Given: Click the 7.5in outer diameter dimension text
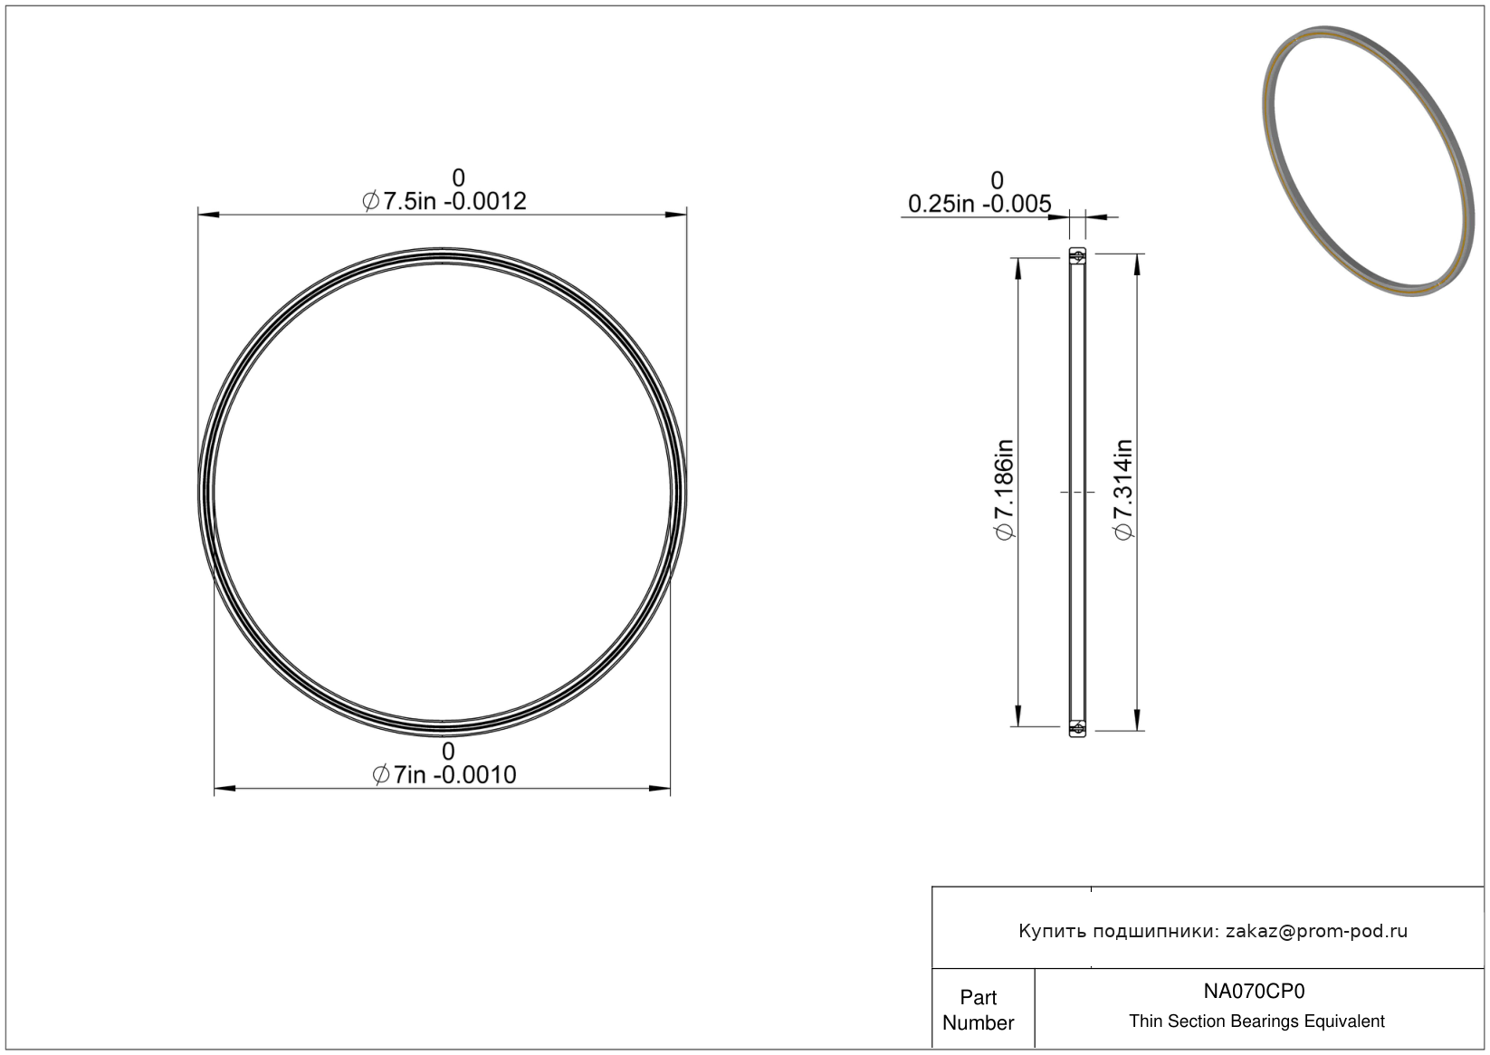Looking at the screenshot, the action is [444, 201].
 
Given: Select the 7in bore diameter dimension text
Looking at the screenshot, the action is [444, 775].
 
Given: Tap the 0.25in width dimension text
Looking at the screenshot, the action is [979, 204].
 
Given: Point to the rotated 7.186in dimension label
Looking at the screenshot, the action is [1004, 490].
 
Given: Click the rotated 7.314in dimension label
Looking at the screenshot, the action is [1122, 490].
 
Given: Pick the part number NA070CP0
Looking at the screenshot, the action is [1254, 991].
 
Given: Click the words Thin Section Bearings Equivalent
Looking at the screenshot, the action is [1256, 1021].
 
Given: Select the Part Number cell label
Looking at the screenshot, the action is [978, 1010].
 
